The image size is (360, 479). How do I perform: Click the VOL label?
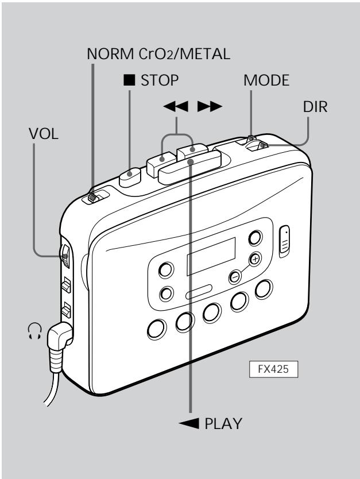pos(44,134)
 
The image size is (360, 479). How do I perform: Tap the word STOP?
pos(160,80)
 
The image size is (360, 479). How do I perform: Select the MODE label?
pos(266,80)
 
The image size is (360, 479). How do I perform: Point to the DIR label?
pos(315,107)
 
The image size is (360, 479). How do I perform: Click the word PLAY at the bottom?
pos(223,424)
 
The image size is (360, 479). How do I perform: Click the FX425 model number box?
pos(273,369)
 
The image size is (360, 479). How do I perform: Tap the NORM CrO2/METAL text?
pos(158,54)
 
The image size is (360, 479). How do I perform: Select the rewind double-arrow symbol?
pos(176,107)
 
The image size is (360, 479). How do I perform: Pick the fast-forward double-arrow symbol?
pos(210,107)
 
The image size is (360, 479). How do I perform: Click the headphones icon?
pos(35,331)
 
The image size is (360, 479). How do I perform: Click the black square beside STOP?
pos(129,80)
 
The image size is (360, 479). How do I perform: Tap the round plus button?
pos(255,260)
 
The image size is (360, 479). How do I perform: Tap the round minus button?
pos(235,277)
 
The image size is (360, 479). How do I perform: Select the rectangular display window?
pos(211,256)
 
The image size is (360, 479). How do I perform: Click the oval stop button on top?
pos(130,177)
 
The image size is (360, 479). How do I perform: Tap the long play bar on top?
pos(189,167)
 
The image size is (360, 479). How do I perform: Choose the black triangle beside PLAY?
pos(189,424)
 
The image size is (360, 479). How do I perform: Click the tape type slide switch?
pos(92,198)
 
